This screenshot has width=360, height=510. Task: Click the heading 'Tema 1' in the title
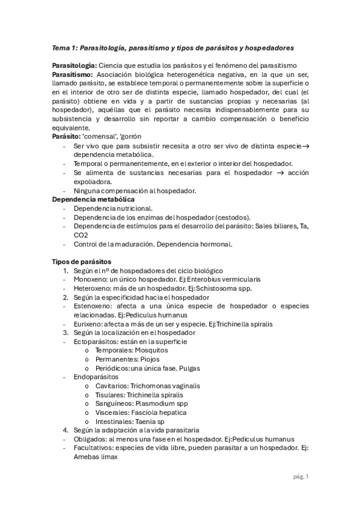pyautogui.click(x=63, y=47)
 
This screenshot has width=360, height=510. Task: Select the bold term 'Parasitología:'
pyautogui.click(x=73, y=65)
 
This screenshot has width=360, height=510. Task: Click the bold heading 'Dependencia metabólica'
pyautogui.click(x=93, y=199)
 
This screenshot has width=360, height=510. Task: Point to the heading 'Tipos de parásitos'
pyautogui.click(x=82, y=262)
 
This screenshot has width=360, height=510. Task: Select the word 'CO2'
pyautogui.click(x=81, y=235)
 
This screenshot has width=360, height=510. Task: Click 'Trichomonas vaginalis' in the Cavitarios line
pyautogui.click(x=165, y=386)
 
